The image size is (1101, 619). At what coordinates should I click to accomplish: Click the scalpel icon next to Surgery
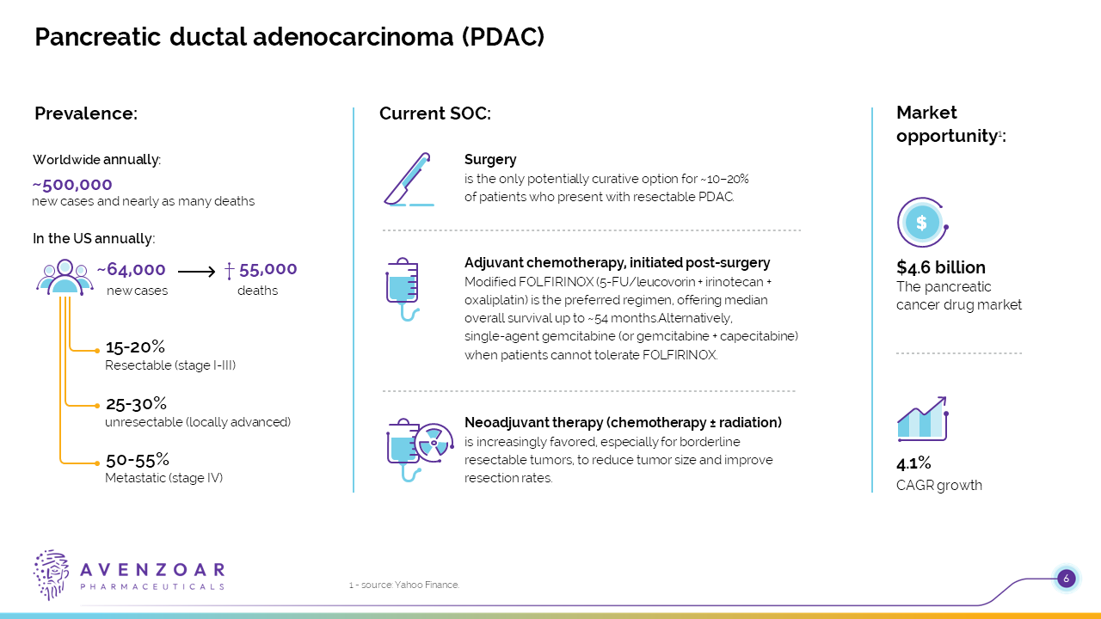coord(409,179)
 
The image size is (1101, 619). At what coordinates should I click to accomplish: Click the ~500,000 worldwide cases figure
coord(72,185)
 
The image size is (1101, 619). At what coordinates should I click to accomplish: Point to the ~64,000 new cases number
coord(132,269)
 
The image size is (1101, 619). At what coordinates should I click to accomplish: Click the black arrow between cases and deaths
coord(196,271)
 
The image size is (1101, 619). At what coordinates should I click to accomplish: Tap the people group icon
coord(65,277)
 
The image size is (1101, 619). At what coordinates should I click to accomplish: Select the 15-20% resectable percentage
coord(135,346)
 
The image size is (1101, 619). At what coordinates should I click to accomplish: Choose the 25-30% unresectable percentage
coord(136,404)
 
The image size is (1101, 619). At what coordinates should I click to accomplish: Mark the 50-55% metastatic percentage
coord(138,460)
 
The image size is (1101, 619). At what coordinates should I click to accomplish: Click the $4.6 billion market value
coord(941,267)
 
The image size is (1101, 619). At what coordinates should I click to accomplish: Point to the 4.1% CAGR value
coord(913,463)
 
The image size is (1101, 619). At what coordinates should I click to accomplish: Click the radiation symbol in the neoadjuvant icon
coord(434,443)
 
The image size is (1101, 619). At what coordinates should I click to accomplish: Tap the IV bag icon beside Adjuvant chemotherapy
coord(403,290)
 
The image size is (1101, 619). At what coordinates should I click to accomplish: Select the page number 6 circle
coord(1066,579)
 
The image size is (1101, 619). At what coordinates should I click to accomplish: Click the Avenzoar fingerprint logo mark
coord(51,575)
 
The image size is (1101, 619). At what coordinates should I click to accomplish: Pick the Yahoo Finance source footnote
coord(404,585)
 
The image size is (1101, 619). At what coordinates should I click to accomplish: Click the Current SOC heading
coord(435,113)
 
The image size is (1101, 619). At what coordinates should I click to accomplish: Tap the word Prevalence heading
coord(86,113)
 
